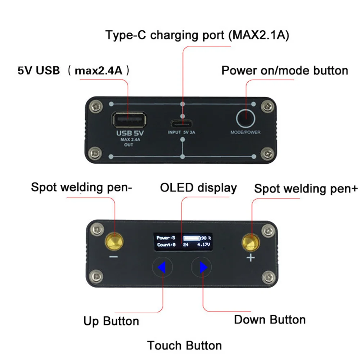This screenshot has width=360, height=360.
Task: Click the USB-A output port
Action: click(129, 120)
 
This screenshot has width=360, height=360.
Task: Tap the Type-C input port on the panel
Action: click(181, 125)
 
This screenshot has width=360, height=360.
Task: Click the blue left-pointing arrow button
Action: click(162, 267)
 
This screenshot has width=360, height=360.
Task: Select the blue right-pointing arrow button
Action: click(203, 267)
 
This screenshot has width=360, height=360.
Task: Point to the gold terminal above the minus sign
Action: click(114, 242)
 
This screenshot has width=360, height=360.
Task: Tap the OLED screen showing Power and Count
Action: click(183, 242)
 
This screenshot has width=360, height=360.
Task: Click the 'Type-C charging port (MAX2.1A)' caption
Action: click(197, 35)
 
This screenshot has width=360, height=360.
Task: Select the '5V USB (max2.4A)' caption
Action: click(73, 70)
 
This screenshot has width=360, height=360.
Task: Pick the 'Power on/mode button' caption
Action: click(285, 70)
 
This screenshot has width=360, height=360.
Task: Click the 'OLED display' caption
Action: click(198, 188)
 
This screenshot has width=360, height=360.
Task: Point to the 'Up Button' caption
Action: click(111, 321)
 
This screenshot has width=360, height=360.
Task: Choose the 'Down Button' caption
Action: click(270, 320)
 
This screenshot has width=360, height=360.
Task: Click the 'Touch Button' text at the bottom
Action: click(184, 345)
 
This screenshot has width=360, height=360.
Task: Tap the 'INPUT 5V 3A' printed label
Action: click(181, 132)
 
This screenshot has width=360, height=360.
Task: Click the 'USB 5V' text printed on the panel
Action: click(130, 133)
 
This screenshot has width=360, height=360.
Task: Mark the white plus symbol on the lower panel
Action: click(251, 258)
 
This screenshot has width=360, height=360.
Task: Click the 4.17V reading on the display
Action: click(203, 244)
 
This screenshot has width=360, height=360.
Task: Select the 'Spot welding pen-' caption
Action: click(81, 187)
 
